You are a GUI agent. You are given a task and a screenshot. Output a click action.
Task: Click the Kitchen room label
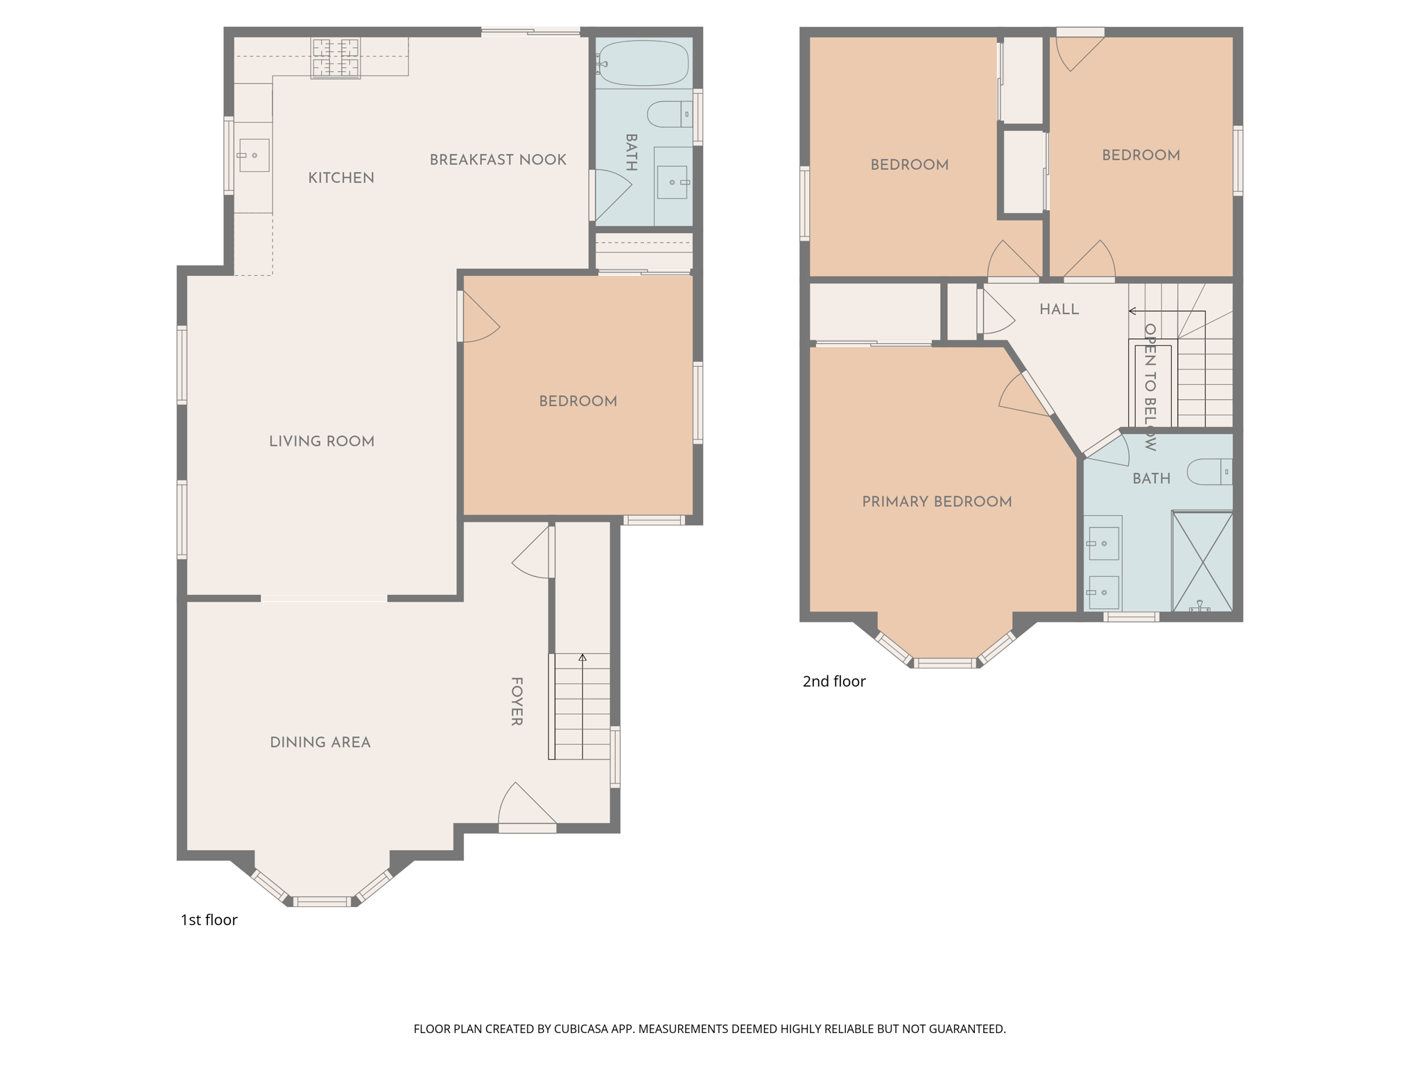(x=340, y=178)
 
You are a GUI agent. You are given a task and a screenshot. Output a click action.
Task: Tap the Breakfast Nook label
(x=498, y=160)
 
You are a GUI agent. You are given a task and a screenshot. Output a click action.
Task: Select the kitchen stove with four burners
(x=336, y=58)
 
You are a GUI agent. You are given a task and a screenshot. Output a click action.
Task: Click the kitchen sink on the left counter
(x=253, y=155)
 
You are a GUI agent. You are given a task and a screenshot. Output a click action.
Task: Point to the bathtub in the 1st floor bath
(x=643, y=63)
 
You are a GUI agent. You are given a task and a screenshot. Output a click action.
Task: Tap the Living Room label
(x=322, y=442)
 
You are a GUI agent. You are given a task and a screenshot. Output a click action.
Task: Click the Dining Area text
(x=320, y=743)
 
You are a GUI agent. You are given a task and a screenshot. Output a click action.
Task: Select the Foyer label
(x=517, y=702)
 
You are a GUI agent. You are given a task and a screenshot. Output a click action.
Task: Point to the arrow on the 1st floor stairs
(x=582, y=657)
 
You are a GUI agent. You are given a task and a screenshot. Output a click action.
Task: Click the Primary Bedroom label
(x=937, y=502)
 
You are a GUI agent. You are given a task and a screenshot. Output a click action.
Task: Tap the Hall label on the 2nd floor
(x=1059, y=309)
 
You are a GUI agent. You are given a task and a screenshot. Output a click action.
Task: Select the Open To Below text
(x=1150, y=387)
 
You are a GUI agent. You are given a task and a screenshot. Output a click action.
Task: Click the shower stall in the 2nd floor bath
(x=1202, y=562)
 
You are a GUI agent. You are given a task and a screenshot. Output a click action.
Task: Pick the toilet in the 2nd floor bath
(x=1209, y=472)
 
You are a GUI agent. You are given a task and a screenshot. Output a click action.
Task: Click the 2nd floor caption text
(x=834, y=682)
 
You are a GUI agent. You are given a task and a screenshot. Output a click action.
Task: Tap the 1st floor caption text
(x=209, y=920)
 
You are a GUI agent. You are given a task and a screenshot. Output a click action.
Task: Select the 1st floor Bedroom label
(x=578, y=401)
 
